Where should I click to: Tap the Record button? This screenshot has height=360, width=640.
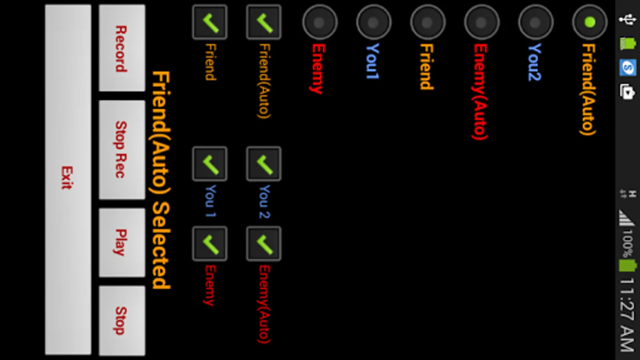(x=122, y=48)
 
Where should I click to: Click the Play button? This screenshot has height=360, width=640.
(x=122, y=242)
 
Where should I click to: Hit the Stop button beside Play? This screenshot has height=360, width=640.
(x=122, y=320)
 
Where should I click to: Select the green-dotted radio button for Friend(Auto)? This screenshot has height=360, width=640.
(x=590, y=22)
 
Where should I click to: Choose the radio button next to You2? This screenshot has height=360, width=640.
(x=536, y=22)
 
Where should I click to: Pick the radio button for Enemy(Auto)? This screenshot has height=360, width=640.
(x=482, y=22)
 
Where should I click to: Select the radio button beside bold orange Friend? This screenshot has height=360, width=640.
(x=428, y=22)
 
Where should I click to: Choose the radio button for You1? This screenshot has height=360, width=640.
(x=374, y=22)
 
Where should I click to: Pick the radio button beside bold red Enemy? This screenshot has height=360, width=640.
(x=320, y=22)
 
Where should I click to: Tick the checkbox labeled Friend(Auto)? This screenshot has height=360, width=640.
(x=264, y=22)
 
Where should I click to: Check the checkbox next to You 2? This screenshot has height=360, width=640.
(x=264, y=164)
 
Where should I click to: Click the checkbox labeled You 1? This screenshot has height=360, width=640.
(x=210, y=164)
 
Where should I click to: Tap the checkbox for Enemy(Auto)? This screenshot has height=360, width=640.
(x=264, y=244)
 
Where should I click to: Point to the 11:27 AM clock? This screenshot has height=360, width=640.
(x=627, y=314)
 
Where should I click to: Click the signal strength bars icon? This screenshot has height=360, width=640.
(x=626, y=218)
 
